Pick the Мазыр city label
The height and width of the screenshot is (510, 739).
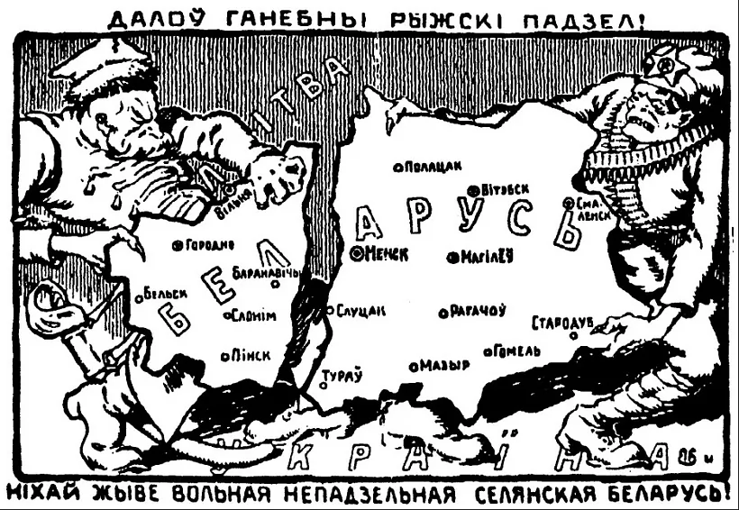[444, 366]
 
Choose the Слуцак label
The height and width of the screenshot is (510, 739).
[360, 310]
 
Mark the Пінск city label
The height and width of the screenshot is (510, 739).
[251, 355]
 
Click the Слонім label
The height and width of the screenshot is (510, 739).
[253, 316]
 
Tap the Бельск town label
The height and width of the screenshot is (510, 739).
[165, 293]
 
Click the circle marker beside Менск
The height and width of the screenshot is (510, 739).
[357, 254]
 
